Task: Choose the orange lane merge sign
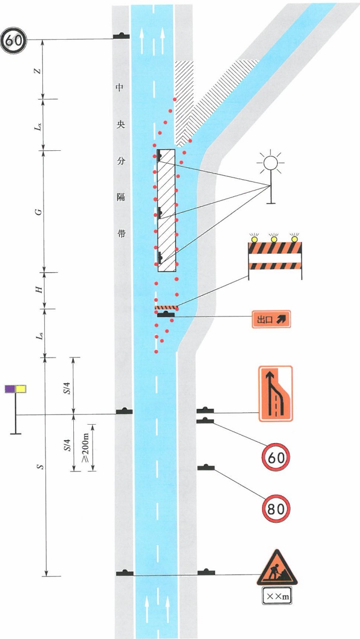tap(276, 394)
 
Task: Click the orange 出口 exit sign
tap(271, 319)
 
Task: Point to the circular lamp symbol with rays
tap(271, 163)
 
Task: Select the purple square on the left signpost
tap(10, 389)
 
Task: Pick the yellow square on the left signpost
tap(21, 389)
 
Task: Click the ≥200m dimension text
tap(87, 447)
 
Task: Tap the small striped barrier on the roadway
tap(167, 307)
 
